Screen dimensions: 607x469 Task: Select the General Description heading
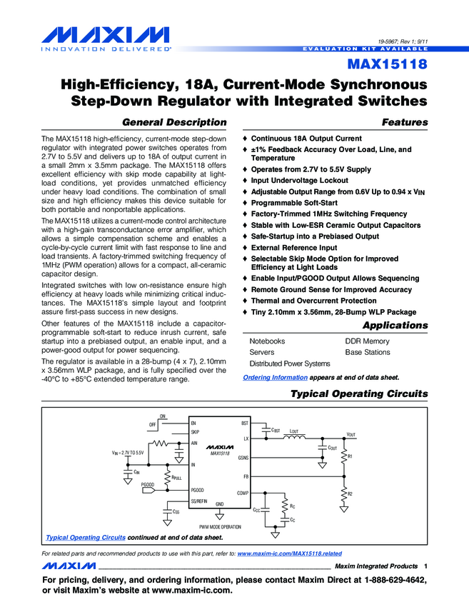pyautogui.click(x=175, y=122)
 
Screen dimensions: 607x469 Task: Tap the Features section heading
pyautogui.click(x=405, y=122)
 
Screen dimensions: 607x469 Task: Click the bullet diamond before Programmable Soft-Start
pyautogui.click(x=246, y=203)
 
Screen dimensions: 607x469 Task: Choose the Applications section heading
pyautogui.click(x=395, y=326)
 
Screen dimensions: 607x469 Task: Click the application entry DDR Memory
pyautogui.click(x=367, y=341)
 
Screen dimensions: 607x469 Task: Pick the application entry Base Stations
pyautogui.click(x=368, y=353)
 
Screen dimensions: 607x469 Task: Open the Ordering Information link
pyautogui.click(x=275, y=377)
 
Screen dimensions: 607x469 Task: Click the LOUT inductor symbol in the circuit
pyautogui.click(x=294, y=438)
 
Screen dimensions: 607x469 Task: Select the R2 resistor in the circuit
pyautogui.click(x=345, y=494)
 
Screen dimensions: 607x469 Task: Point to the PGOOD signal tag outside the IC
pyautogui.click(x=148, y=485)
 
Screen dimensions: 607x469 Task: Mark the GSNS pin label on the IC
pyautogui.click(x=243, y=457)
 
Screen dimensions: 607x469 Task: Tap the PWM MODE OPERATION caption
pyautogui.click(x=220, y=526)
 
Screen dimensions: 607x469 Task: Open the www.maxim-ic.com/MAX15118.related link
pyautogui.click(x=289, y=553)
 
